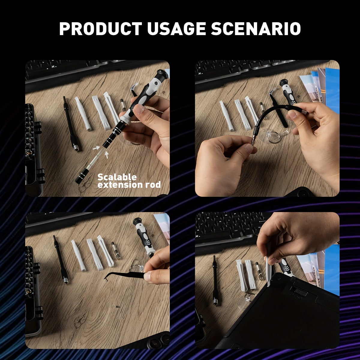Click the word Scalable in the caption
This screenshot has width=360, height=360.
[x=117, y=177]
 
